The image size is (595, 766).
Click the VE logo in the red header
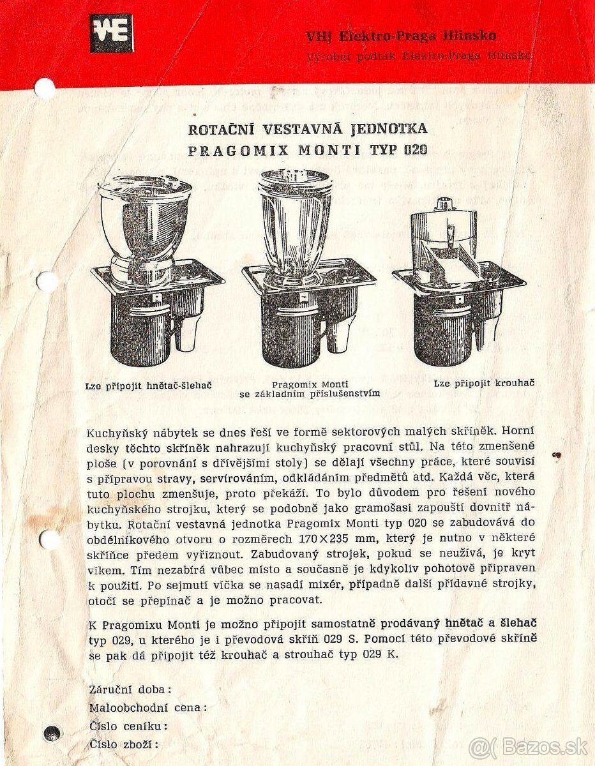click(111, 33)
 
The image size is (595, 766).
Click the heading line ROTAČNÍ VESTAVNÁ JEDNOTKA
click(308, 129)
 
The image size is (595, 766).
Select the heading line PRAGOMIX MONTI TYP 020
click(308, 151)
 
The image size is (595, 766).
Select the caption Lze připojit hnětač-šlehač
click(148, 386)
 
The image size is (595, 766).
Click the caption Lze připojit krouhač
click(484, 383)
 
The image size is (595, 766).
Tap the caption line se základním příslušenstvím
click(310, 394)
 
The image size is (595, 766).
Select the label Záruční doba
click(130, 689)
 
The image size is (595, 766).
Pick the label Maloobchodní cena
click(147, 707)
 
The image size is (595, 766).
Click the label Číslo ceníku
click(128, 726)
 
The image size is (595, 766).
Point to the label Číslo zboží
click(123, 744)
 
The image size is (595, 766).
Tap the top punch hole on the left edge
click(45, 88)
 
